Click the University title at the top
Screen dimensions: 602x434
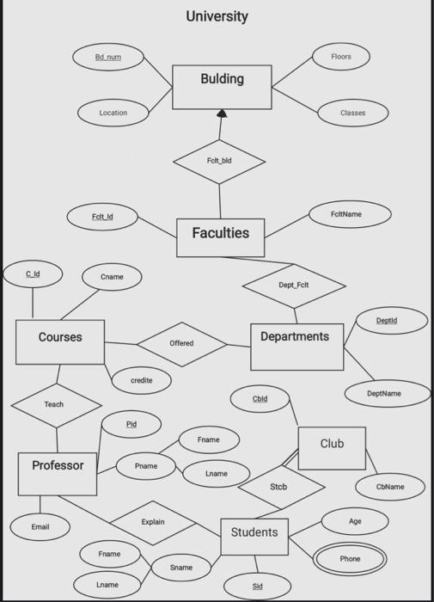217,16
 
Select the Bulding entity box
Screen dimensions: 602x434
222,87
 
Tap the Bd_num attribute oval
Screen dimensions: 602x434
108,57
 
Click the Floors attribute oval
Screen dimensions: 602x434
340,57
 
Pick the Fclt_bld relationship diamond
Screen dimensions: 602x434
219,161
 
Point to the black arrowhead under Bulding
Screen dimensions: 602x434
222,114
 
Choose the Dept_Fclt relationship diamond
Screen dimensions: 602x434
294,285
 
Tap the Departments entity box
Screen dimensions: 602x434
296,346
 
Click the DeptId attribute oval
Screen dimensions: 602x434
387,321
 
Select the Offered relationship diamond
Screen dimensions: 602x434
181,343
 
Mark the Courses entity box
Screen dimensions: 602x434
60,341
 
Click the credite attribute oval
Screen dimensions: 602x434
141,379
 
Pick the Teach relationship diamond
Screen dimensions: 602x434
55,404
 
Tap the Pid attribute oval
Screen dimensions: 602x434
131,424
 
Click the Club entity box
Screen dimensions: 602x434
332,448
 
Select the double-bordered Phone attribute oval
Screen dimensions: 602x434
350,559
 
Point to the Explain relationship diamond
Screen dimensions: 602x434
153,522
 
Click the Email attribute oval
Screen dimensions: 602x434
40,526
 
